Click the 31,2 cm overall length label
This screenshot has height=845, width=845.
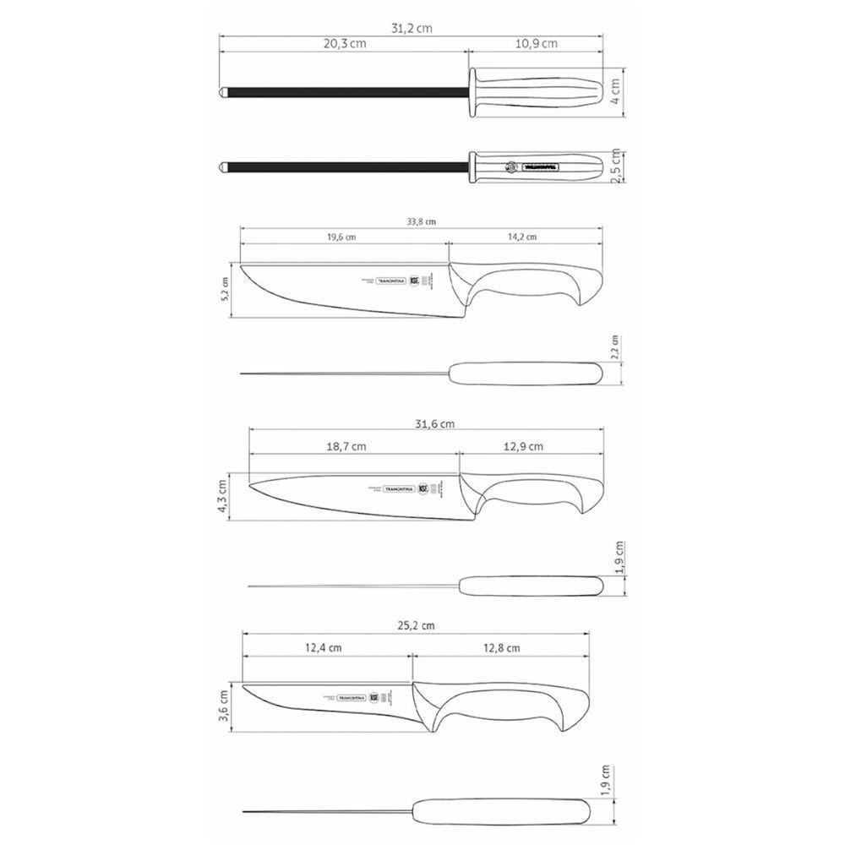[x=412, y=27]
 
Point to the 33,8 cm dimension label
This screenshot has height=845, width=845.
[x=419, y=222]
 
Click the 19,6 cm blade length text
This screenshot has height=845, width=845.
[x=341, y=237]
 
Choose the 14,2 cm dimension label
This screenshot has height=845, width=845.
[x=522, y=237]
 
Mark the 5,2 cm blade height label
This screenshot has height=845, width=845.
[x=225, y=290]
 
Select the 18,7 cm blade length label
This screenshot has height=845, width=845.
[x=347, y=446]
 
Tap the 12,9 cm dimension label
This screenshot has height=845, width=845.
[x=524, y=446]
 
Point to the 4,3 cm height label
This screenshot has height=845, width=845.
[x=223, y=495]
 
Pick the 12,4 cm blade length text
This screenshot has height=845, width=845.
[x=323, y=648]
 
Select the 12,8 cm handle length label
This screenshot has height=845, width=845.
[x=500, y=648]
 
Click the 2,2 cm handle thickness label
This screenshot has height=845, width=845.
[x=615, y=346]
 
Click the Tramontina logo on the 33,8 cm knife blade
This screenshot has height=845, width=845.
[x=390, y=279]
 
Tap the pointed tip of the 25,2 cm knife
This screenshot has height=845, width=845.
[x=245, y=686]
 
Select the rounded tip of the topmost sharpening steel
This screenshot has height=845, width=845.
[x=223, y=89]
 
